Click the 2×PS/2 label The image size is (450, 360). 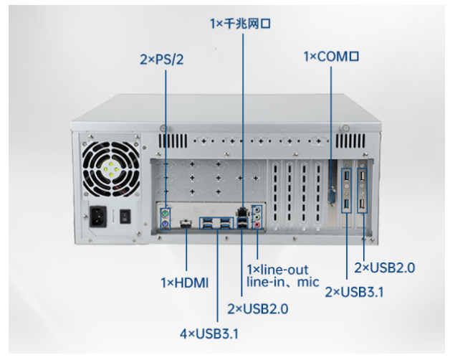coord(161,60)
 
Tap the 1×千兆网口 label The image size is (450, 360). coord(240,23)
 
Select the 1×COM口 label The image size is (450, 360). coord(331,57)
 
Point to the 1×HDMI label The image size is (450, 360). coord(185,283)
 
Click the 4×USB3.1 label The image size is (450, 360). coord(209,333)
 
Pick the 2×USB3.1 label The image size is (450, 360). coord(354,292)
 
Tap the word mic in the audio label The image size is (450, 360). coord(308,282)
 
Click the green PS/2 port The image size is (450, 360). coord(165,214)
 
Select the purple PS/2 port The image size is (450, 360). coord(165,224)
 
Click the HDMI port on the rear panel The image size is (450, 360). coord(186,223)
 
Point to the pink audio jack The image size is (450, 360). coord(257,224)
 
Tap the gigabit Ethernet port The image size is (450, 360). coord(242,213)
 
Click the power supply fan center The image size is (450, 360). coord(110,169)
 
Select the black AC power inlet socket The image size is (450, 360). coord(98,217)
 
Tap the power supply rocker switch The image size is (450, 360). coord(125,217)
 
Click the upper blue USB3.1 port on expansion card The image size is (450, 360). coord(347,176)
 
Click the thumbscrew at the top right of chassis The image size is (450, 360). coord(345,128)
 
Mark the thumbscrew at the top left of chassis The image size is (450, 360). coord(163,128)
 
